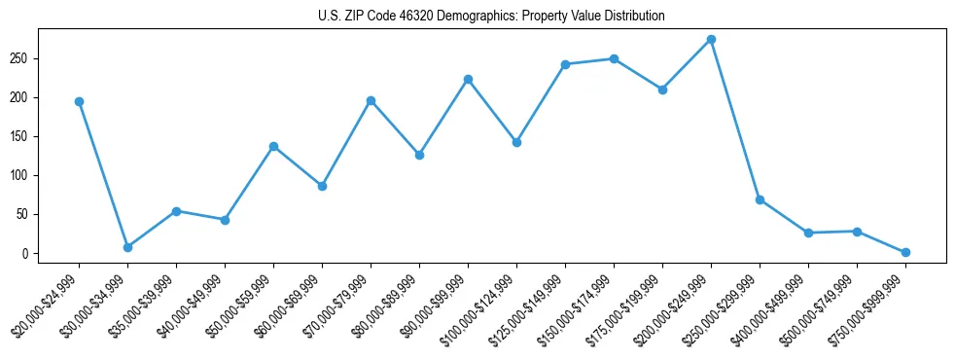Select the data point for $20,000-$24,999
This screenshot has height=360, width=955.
pyautogui.click(x=79, y=101)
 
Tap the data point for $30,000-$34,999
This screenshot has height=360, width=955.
pyautogui.click(x=127, y=247)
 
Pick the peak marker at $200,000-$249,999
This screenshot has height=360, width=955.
pyautogui.click(x=711, y=39)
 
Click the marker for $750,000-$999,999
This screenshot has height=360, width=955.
pyautogui.click(x=905, y=252)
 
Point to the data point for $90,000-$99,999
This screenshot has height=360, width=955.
pyautogui.click(x=468, y=79)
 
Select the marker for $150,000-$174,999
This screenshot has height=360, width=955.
pyautogui.click(x=614, y=58)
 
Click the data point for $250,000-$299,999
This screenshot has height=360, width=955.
pyautogui.click(x=760, y=199)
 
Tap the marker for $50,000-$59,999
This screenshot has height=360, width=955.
pyautogui.click(x=273, y=146)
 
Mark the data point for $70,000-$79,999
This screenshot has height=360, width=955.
pyautogui.click(x=371, y=100)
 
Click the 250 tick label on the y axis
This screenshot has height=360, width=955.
pyautogui.click(x=28, y=58)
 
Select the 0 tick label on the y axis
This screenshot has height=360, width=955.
pyautogui.click(x=34, y=253)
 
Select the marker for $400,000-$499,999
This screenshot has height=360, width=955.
pyautogui.click(x=808, y=233)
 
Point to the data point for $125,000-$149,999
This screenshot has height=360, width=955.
pyautogui.click(x=565, y=64)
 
